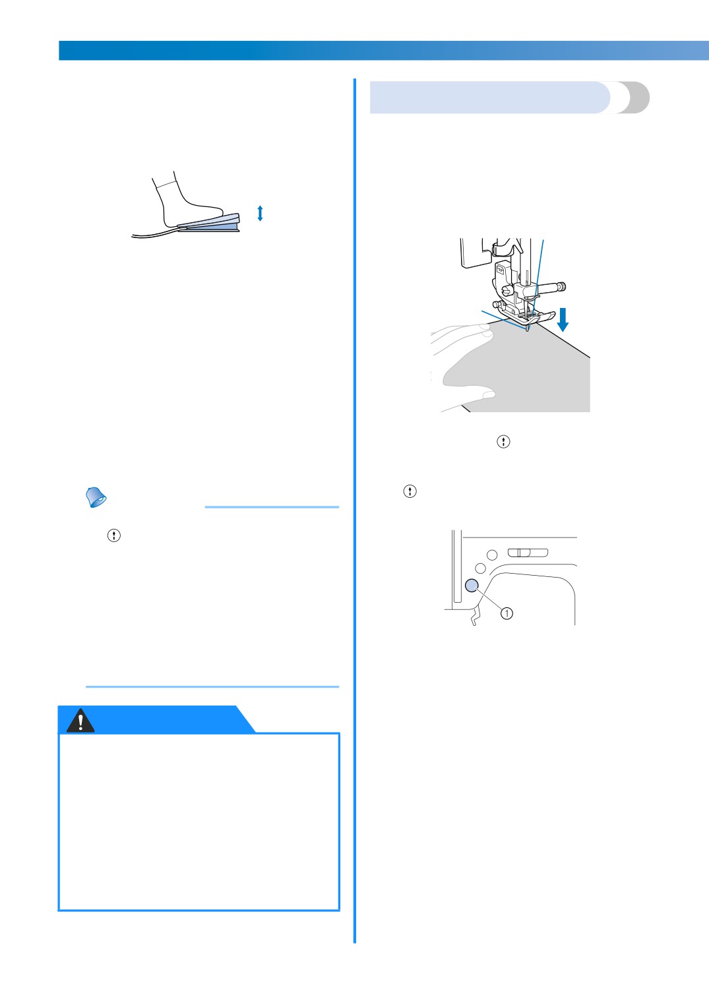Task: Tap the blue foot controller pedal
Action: click(209, 223)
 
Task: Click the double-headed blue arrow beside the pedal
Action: click(260, 213)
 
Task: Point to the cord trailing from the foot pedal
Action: click(154, 234)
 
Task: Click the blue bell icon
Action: click(96, 497)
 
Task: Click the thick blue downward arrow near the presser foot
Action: click(563, 320)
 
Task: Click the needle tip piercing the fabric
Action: click(528, 330)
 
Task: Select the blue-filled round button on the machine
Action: click(472, 586)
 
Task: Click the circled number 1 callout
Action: click(507, 613)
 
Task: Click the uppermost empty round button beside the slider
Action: click(492, 555)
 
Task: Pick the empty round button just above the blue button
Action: click(481, 568)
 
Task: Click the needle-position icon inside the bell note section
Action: click(114, 535)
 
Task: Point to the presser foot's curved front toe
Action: click(547, 316)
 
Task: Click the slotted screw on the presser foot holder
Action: click(506, 290)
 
